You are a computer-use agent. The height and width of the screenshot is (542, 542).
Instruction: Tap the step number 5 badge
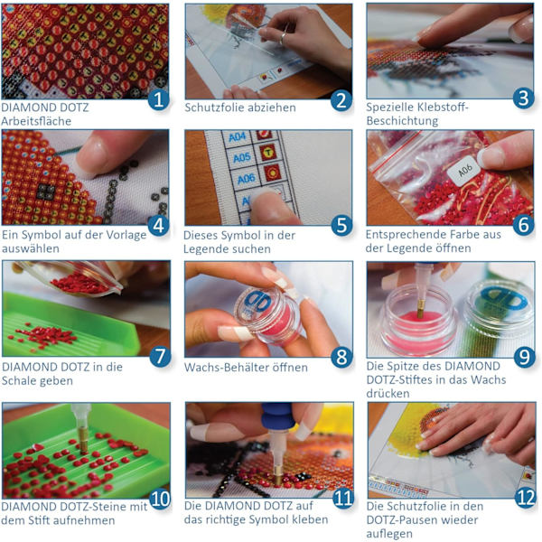341,225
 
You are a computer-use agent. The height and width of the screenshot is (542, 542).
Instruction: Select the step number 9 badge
524,357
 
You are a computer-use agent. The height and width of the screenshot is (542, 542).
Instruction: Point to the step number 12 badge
526,498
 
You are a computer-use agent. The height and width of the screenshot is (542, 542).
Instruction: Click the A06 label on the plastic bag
464,171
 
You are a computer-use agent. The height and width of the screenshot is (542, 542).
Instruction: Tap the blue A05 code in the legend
241,157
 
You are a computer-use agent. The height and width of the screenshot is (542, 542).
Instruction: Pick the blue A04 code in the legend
237,137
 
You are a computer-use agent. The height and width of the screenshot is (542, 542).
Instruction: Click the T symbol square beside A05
268,153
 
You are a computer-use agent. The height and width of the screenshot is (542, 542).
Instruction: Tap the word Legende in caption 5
203,249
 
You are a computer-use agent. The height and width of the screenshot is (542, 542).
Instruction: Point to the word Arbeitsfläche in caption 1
36,121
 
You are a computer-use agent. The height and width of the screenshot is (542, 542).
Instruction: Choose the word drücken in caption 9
388,393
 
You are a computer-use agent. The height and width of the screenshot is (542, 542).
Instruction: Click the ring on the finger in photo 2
283,38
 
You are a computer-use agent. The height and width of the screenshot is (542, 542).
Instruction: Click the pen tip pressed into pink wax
420,308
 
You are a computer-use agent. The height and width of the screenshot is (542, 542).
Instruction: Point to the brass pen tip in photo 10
83,444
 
